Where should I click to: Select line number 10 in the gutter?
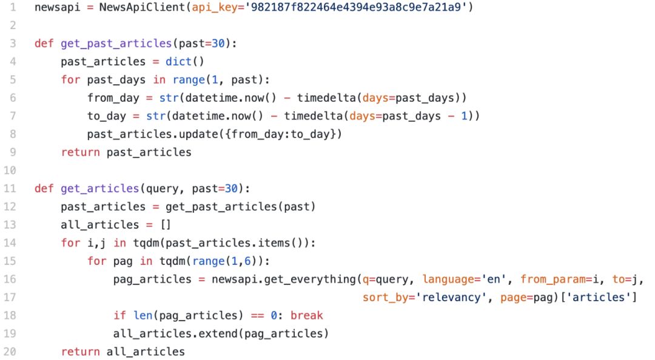(10, 170)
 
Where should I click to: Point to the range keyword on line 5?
(189, 80)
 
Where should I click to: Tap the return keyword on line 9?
(80, 152)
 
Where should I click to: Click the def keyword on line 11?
(44, 188)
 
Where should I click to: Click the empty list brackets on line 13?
(166, 225)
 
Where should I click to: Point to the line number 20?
(10, 352)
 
